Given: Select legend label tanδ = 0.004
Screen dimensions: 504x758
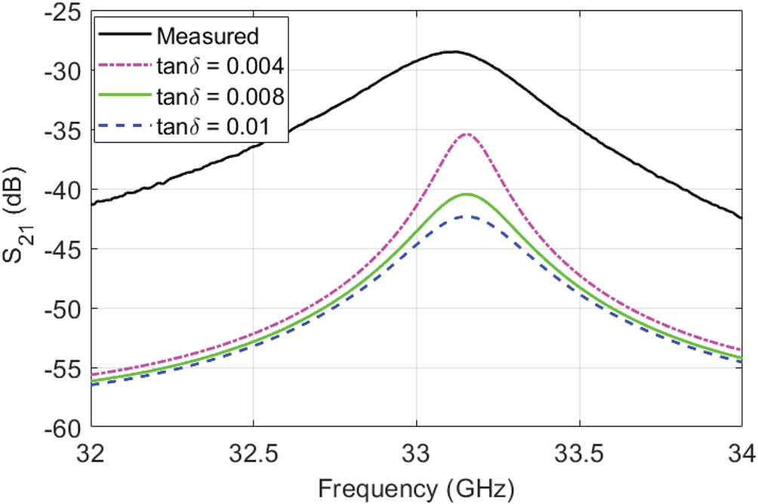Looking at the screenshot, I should click(220, 67).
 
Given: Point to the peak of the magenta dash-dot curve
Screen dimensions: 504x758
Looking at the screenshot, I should click(467, 135).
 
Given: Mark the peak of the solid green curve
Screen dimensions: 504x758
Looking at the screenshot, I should click(467, 194).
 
